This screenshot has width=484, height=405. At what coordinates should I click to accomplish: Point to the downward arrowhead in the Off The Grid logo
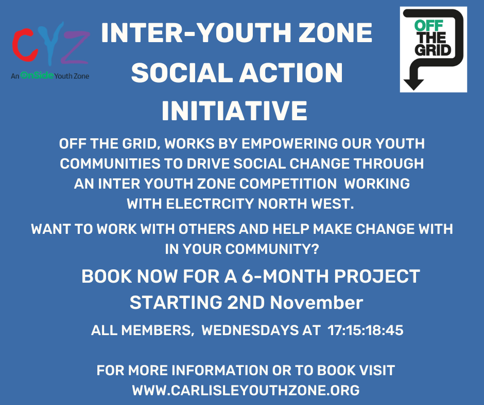[x=413, y=82]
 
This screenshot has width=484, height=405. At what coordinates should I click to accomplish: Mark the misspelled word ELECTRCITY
[x=210, y=203]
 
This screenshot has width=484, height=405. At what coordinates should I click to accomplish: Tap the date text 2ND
[x=246, y=302]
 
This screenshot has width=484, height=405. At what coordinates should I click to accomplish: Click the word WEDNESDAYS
[x=253, y=330]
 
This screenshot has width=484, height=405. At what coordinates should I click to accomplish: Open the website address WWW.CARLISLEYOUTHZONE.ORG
[x=246, y=390]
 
